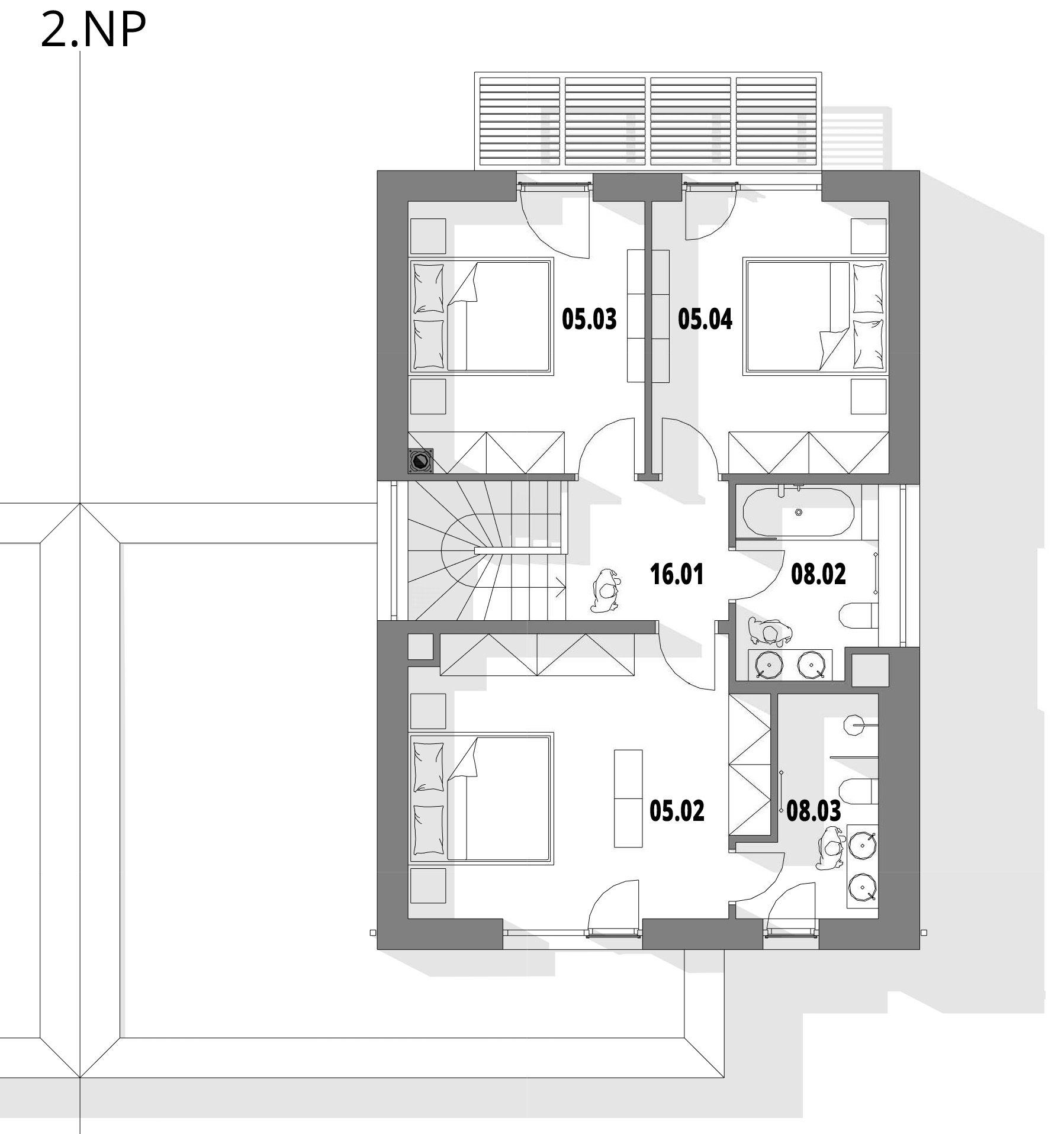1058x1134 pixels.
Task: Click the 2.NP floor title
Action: pyautogui.click(x=93, y=30)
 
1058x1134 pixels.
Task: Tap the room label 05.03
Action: pyautogui.click(x=589, y=319)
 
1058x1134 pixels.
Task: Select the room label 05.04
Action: pyautogui.click(x=705, y=319)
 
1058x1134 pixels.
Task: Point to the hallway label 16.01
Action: pyautogui.click(x=677, y=575)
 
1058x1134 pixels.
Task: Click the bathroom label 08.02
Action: pyautogui.click(x=818, y=574)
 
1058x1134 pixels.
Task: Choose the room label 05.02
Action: pyautogui.click(x=677, y=811)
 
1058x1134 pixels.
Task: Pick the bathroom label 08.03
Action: pyautogui.click(x=813, y=811)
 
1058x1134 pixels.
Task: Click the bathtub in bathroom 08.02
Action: pyautogui.click(x=798, y=512)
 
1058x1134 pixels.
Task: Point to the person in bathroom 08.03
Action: pyautogui.click(x=831, y=848)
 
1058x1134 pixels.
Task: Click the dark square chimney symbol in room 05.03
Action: pyautogui.click(x=421, y=460)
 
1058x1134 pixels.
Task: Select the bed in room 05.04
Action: pyautogui.click(x=815, y=316)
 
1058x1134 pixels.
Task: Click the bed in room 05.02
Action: pyautogui.click(x=481, y=798)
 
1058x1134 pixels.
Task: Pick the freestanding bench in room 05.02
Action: pyautogui.click(x=628, y=798)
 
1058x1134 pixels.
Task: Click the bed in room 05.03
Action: pyautogui.click(x=481, y=316)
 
